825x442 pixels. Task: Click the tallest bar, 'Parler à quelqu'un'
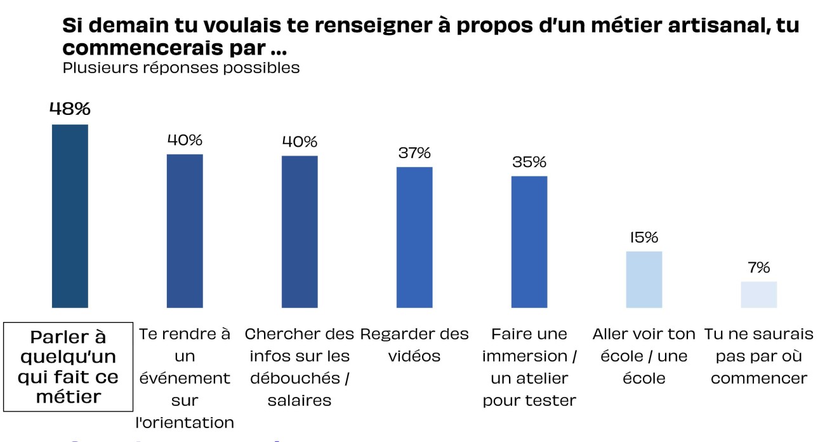[70, 216]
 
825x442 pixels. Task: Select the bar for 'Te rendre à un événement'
[185, 231]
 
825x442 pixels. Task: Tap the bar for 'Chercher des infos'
[300, 232]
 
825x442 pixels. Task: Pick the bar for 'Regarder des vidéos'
[414, 238]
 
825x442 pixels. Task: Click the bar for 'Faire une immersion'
[529, 242]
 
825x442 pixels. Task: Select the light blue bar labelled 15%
[644, 279]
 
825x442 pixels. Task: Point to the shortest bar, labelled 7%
[759, 295]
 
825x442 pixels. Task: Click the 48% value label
[70, 109]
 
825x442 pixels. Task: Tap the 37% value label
[414, 153]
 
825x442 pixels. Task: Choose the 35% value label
[529, 162]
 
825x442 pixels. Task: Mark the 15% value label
[644, 238]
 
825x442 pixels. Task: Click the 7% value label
[759, 267]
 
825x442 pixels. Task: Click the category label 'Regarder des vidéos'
[414, 345]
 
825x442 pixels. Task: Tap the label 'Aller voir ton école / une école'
[644, 356]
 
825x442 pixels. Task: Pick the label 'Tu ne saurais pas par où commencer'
[759, 356]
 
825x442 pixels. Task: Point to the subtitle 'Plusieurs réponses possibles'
[181, 68]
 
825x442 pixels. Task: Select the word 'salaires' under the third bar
[300, 401]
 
